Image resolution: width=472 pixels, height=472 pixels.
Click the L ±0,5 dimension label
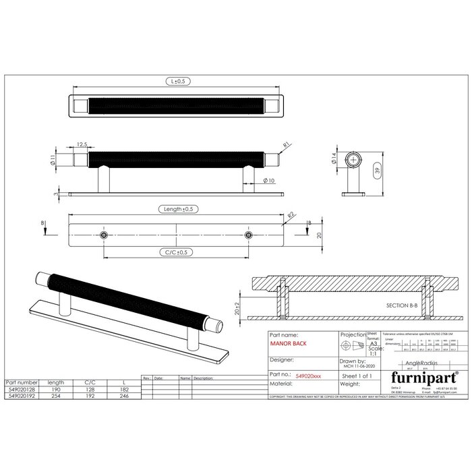(177, 81)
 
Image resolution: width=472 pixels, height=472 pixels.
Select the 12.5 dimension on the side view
(82, 144)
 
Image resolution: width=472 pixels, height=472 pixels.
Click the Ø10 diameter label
(268, 181)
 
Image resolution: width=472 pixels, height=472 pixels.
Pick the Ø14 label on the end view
(334, 160)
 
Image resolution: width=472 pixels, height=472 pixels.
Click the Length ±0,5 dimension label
(177, 209)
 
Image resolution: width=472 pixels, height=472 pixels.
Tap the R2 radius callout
(291, 214)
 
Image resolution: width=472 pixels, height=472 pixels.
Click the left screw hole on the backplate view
(103, 234)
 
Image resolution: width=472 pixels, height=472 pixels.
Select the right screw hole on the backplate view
(249, 234)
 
